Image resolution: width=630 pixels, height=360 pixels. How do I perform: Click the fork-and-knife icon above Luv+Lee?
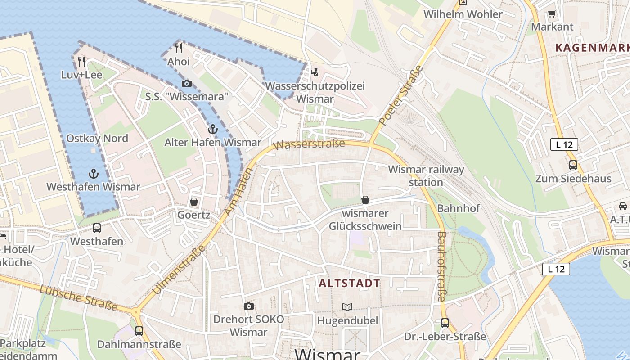click(81, 61)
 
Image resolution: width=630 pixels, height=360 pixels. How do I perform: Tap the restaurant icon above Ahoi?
click(179, 48)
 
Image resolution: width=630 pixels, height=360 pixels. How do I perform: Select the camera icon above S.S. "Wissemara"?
click(186, 83)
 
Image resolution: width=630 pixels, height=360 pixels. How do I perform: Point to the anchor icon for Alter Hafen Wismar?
click(212, 130)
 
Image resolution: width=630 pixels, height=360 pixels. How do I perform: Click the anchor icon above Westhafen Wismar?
click(93, 174)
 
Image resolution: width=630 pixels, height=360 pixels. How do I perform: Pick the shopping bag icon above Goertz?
click(194, 202)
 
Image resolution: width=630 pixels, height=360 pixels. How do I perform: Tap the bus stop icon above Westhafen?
click(96, 228)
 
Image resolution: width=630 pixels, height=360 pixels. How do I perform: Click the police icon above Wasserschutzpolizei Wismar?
click(315, 72)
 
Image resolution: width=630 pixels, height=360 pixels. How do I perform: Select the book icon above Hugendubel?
click(347, 307)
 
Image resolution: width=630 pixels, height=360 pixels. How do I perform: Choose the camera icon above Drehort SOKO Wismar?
click(248, 306)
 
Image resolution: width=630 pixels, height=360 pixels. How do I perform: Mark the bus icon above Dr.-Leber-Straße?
click(445, 323)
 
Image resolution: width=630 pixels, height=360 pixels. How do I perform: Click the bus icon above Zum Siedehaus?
click(573, 165)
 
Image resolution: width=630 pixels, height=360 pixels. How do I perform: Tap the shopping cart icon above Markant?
click(552, 13)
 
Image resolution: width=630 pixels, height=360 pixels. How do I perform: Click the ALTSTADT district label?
click(350, 283)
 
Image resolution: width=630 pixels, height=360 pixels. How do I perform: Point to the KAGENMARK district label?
click(592, 48)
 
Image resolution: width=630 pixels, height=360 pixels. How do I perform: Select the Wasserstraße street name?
click(309, 144)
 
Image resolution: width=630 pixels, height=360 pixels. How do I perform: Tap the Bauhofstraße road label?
click(441, 266)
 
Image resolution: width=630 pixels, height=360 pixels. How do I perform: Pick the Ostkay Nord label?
click(97, 138)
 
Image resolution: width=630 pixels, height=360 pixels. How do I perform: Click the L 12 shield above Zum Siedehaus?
click(564, 144)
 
